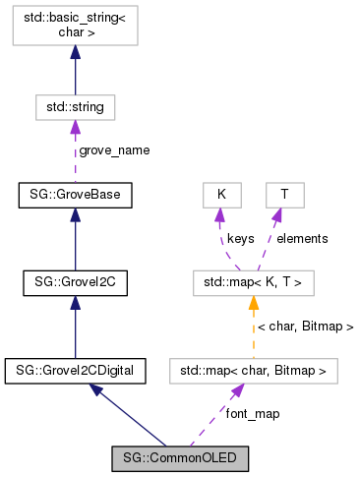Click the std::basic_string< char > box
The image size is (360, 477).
coord(76,28)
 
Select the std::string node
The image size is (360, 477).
coord(76,105)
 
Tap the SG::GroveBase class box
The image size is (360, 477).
coord(76,195)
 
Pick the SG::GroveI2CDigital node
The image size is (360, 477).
coord(76,371)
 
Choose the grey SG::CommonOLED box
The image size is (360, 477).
coord(179,457)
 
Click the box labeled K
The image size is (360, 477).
coord(221,195)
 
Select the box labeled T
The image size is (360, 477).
coord(284,195)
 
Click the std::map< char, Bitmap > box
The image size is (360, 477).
coord(253,371)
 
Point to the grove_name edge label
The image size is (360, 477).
coord(114,150)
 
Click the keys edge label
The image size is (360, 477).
coord(242,238)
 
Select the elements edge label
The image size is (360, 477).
coord(302,238)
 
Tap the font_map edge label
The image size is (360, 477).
coord(253,414)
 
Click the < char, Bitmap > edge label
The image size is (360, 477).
coord(305,326)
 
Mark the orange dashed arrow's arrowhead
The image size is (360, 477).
coord(253,302)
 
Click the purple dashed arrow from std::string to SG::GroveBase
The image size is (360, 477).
coord(76,148)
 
